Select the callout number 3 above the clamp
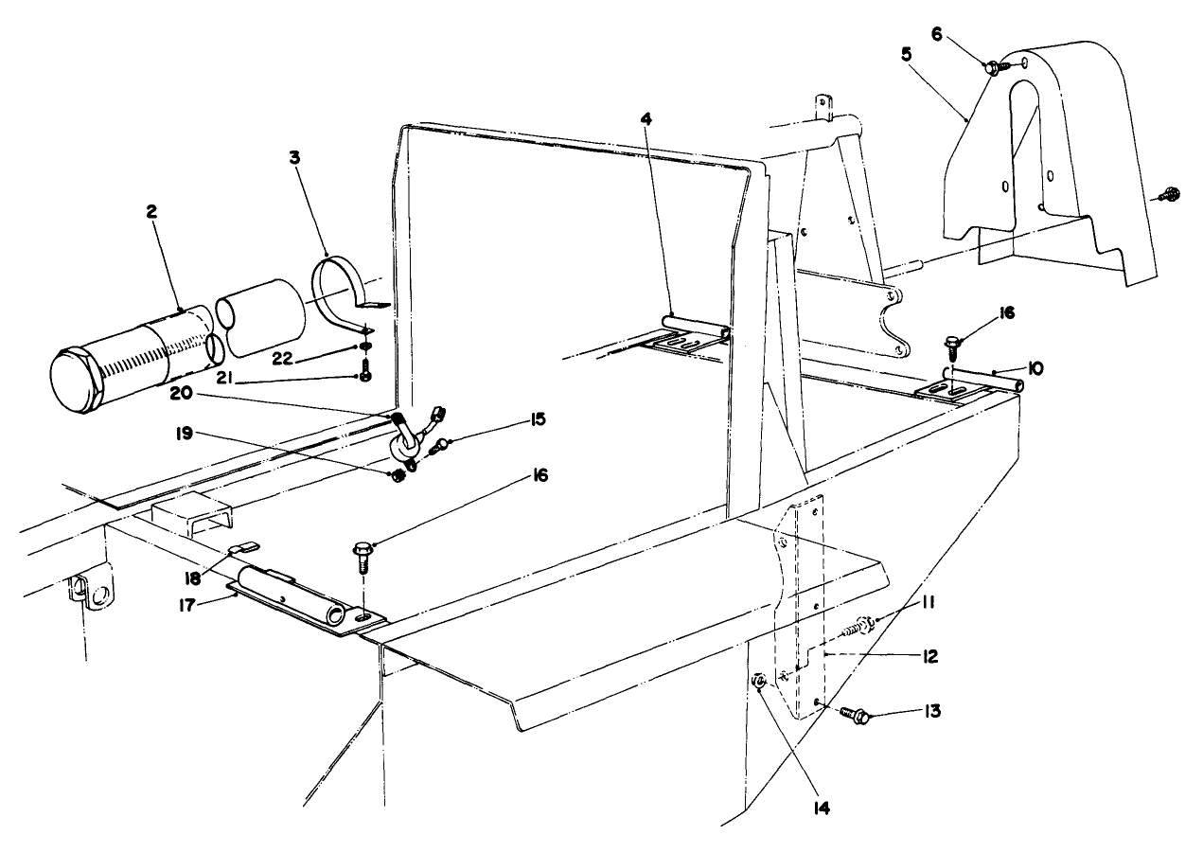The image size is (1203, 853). (x=294, y=157)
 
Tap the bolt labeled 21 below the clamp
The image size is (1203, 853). (x=366, y=375)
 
